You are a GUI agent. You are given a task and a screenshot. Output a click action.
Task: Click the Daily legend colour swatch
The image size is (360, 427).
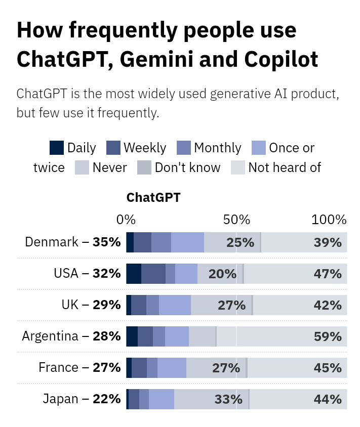pos(57,148)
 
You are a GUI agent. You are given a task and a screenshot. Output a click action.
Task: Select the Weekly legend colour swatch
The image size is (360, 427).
pos(113,148)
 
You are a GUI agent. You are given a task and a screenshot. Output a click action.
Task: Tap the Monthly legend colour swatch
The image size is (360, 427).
pos(184,148)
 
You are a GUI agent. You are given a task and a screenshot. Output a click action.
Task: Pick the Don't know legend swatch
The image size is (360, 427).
pos(144,167)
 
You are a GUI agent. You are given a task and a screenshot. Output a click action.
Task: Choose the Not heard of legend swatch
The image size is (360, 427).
pos(238,167)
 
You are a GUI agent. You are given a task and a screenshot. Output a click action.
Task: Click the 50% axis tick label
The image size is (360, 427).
pos(237,220)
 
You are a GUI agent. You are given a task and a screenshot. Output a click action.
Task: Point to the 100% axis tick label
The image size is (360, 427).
pos(329,220)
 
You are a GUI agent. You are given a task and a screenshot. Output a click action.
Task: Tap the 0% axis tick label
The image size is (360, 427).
pos(126,220)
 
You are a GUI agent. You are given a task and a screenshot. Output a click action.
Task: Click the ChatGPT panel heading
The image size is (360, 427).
pos(153,197)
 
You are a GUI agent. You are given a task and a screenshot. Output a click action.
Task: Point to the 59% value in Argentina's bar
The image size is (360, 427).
pos(328,336)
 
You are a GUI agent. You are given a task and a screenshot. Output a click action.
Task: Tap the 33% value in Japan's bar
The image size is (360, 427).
pos(228,399)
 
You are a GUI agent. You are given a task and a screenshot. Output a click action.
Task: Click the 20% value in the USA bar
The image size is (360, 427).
pos(222,274)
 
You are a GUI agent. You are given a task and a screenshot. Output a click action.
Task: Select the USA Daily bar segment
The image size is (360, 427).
pos(134,274)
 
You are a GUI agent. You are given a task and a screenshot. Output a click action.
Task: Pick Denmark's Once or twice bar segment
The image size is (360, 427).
pos(187,242)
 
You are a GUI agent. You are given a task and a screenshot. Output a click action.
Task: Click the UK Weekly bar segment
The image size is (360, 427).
pos(138,305)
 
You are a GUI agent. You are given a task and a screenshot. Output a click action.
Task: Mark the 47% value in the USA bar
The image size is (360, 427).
pos(328,274)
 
